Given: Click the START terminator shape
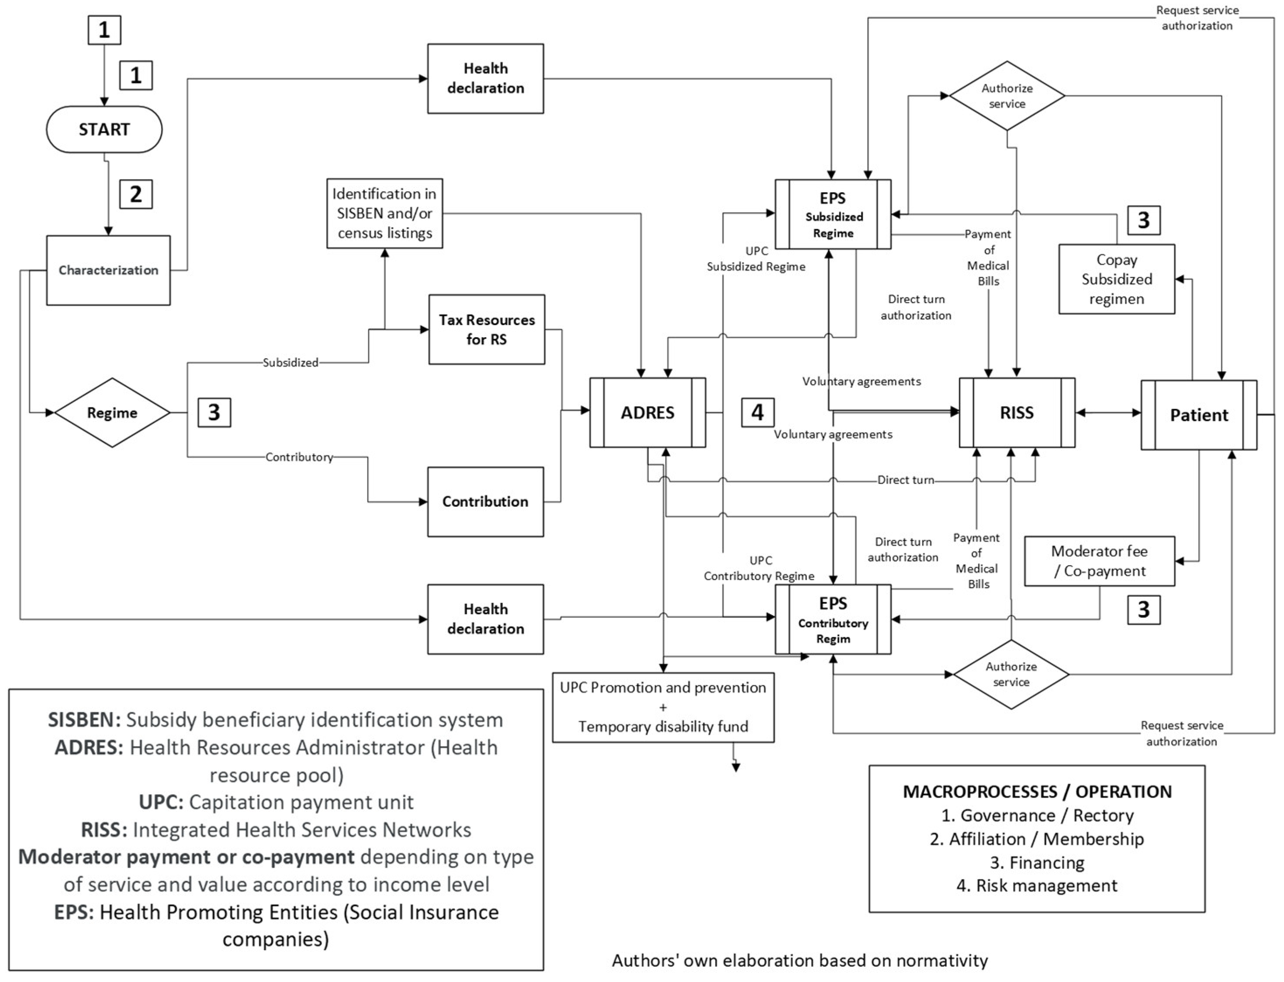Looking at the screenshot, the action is (104, 129).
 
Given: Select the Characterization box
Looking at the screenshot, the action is (108, 270).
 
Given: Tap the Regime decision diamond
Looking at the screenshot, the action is (112, 413).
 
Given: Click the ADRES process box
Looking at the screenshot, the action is (647, 413).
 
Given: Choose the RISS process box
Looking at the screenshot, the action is (1017, 413).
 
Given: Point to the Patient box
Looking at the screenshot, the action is (1199, 415).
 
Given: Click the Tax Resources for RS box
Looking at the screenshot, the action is (487, 330).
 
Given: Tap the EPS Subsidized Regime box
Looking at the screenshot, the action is (833, 214).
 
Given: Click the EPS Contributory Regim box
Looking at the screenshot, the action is (833, 619).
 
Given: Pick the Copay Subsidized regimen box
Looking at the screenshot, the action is (1117, 280).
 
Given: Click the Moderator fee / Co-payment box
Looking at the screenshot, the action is (1099, 561).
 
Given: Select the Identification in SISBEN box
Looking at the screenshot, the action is (384, 213).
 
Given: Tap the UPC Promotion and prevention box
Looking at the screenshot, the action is (663, 707).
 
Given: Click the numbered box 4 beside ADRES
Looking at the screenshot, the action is (758, 413).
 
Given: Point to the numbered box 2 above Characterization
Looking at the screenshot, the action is (136, 194).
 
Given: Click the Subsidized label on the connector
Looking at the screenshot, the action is (291, 363).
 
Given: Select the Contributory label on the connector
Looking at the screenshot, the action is (299, 457).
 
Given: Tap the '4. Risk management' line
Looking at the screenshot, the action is (1037, 885).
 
